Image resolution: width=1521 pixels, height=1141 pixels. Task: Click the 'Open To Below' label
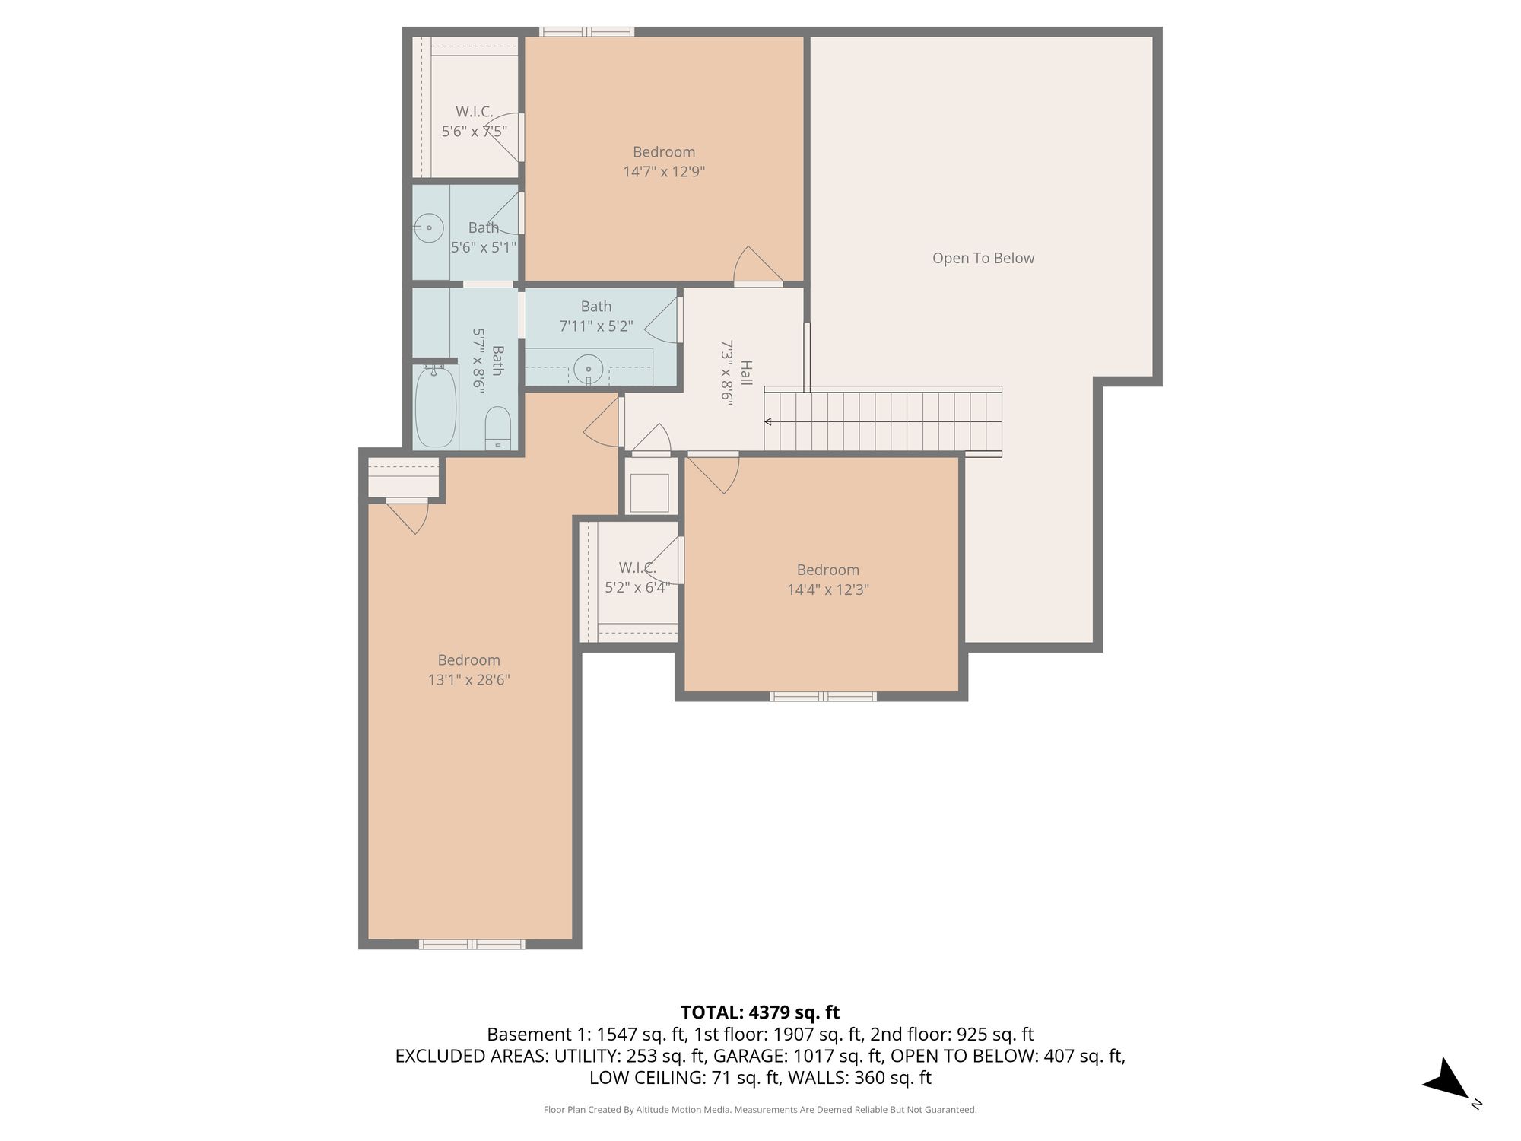[x=983, y=258]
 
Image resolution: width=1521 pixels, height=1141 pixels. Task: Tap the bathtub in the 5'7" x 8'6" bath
[x=436, y=407]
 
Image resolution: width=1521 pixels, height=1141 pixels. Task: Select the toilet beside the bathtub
[x=498, y=428]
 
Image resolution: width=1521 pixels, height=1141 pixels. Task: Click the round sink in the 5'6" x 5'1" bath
[x=430, y=227]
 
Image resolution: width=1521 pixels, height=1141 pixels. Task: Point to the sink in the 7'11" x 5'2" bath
[x=589, y=371]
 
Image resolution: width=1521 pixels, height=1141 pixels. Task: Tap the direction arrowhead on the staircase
[x=768, y=421]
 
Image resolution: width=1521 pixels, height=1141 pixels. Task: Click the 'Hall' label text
[x=747, y=373]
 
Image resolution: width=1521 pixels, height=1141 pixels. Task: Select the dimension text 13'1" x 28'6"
[x=468, y=680]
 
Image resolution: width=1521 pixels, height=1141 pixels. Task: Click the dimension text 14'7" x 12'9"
[x=664, y=172]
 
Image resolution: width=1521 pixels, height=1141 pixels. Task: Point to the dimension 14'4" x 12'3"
[x=828, y=590]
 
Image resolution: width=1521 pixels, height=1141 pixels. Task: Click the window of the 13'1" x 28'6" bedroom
[x=472, y=944]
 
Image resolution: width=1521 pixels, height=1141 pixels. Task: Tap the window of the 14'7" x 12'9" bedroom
[x=586, y=32]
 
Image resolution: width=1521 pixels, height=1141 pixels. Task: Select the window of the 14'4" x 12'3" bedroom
[x=823, y=696]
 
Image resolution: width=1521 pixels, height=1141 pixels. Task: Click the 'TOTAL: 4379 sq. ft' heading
[x=760, y=1012]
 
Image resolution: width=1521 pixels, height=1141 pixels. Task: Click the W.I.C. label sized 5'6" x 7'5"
[x=475, y=112]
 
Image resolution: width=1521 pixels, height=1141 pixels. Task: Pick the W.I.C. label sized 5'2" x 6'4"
[x=637, y=567]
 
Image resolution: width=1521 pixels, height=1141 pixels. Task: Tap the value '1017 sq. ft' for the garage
[x=838, y=1056]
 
